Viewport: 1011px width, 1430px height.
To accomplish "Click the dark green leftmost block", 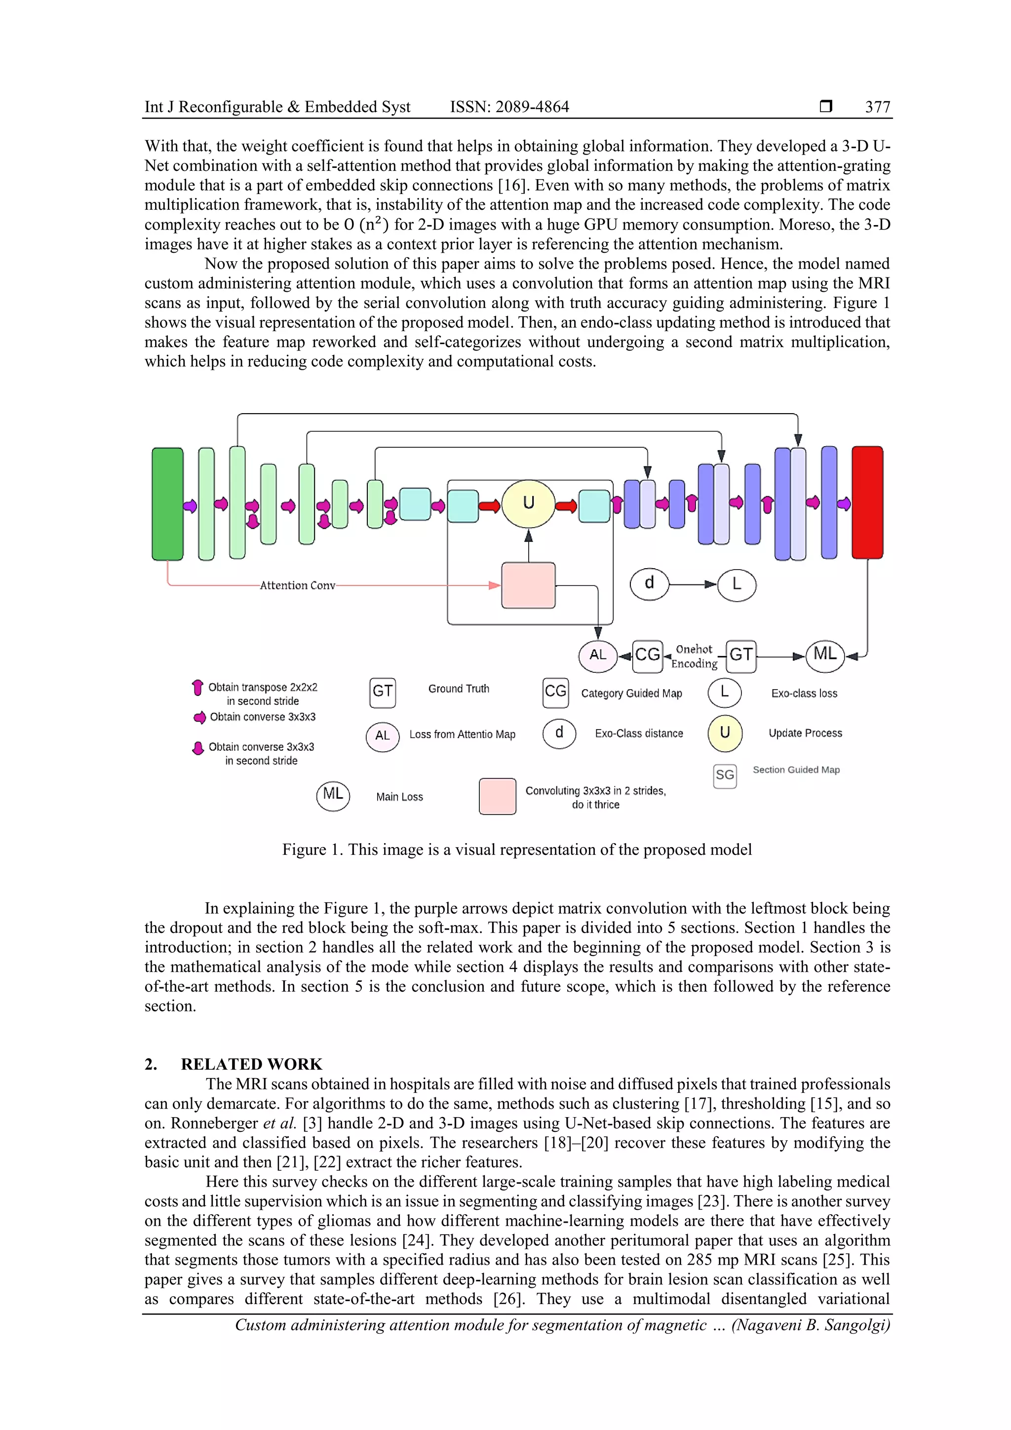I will click(x=167, y=503).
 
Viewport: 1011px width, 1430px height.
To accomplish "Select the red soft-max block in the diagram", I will click(x=867, y=502).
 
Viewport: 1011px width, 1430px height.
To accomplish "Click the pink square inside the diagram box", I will click(x=528, y=585).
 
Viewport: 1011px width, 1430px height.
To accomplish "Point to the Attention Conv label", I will click(x=297, y=585).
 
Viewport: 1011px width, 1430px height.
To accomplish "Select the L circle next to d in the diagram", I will click(x=737, y=585).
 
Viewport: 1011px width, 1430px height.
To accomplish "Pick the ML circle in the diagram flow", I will click(x=825, y=655).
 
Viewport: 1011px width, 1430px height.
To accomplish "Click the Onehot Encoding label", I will click(x=694, y=657).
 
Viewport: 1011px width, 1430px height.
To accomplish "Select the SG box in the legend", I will click(x=725, y=775).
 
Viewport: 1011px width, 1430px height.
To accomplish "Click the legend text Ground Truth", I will click(x=459, y=689).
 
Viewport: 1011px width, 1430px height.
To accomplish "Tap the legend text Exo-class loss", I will click(x=804, y=693).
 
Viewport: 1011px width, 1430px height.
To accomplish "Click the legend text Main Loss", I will click(x=399, y=797).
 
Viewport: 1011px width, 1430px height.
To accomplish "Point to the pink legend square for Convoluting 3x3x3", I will click(x=497, y=796).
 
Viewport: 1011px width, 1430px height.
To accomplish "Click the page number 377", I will click(x=877, y=107).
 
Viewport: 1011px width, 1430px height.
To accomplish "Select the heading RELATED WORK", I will click(x=252, y=1064).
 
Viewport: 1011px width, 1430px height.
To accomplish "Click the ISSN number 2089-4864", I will click(x=532, y=107).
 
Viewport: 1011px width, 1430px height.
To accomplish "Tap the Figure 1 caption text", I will click(x=516, y=850).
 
